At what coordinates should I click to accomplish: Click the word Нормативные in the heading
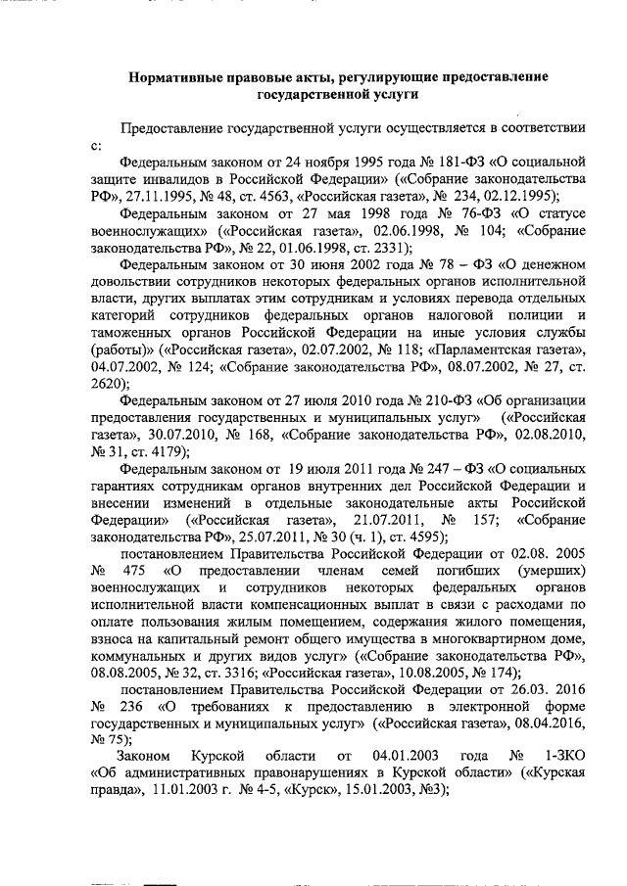(177, 76)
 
